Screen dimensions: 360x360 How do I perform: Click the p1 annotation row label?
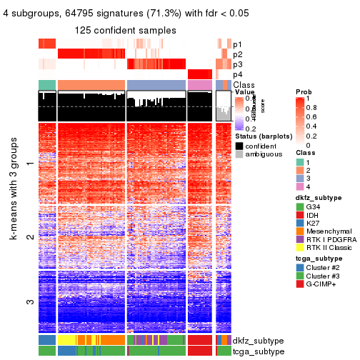point(237,44)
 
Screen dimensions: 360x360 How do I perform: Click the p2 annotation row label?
point(237,54)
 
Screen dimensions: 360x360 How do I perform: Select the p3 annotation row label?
point(237,64)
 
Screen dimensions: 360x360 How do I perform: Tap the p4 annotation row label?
point(237,75)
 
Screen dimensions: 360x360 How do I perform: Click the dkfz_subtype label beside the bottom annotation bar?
point(258,341)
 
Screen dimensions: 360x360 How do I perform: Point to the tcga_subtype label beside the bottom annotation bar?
point(258,351)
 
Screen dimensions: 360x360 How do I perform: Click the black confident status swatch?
point(239,145)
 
